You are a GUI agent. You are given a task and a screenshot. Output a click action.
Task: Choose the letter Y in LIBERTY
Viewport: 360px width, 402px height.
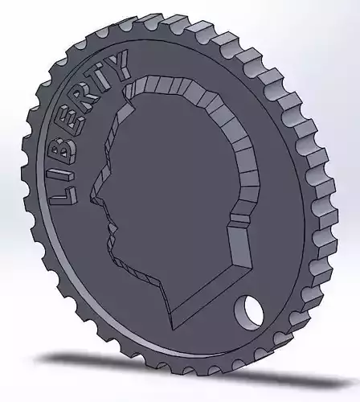coord(121,65)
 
